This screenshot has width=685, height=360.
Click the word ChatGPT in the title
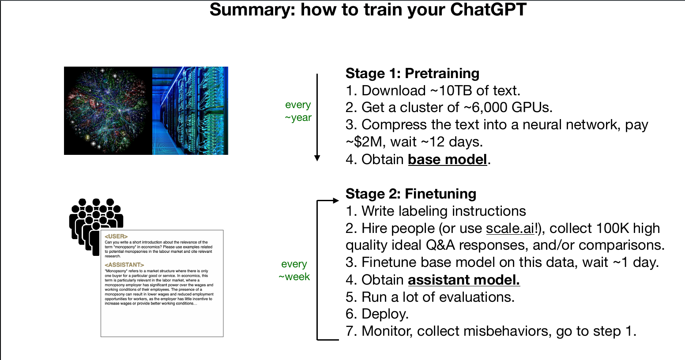click(488, 9)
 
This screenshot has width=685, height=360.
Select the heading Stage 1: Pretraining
click(412, 73)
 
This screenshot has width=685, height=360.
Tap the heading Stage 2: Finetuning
click(411, 194)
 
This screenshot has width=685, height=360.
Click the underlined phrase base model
click(448, 160)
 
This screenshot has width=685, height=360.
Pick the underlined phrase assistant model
click(464, 280)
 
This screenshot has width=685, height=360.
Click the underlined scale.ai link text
click(510, 228)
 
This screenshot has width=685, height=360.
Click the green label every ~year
click(298, 111)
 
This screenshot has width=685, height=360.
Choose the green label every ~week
click(294, 270)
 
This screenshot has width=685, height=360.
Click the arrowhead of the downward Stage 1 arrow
click(317, 158)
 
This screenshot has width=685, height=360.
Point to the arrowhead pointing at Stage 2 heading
click(336, 200)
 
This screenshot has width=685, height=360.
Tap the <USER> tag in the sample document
click(116, 236)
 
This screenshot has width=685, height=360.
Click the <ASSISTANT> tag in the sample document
click(124, 265)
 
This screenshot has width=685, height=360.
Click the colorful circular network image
click(108, 111)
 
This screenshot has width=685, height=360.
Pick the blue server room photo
click(190, 111)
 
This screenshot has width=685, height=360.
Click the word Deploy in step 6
click(384, 314)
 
